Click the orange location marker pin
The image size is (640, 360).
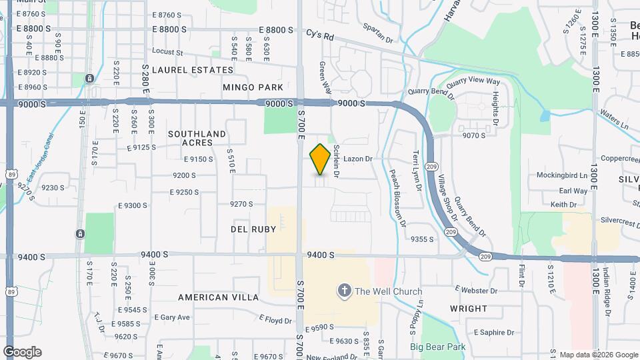click(320, 159)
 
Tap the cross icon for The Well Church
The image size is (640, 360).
click(344, 290)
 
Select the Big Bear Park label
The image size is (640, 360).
click(437, 347)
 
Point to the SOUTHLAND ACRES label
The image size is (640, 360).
click(197, 138)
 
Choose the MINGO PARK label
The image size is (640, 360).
click(253, 87)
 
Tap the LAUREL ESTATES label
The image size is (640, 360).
click(193, 69)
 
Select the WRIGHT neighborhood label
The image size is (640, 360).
click(469, 309)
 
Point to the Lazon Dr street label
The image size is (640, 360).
click(358, 159)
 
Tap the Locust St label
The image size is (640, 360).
click(167, 51)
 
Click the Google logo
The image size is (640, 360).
click(22, 352)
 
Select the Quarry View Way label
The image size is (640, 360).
click(473, 82)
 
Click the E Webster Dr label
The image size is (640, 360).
click(476, 291)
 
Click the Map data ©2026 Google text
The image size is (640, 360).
click(597, 355)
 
